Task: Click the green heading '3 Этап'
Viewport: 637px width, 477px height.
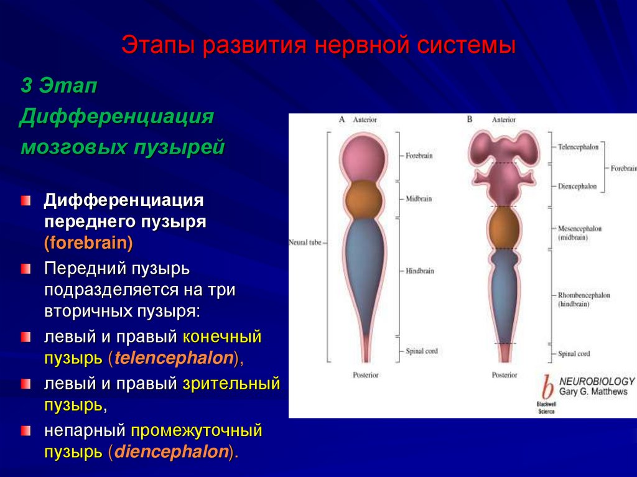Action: click(x=59, y=86)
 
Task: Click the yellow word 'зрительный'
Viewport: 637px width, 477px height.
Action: click(x=231, y=384)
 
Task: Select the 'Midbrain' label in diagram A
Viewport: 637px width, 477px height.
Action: click(x=419, y=199)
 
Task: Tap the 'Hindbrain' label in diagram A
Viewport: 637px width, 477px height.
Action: click(x=420, y=271)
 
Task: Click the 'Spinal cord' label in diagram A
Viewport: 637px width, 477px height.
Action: click(x=422, y=351)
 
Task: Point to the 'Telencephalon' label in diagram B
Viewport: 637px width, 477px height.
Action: click(x=578, y=147)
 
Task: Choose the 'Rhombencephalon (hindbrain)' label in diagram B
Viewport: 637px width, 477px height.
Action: click(x=584, y=299)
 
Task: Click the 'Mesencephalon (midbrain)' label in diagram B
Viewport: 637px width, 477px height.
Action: click(x=580, y=233)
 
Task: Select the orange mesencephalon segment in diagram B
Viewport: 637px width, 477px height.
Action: click(x=504, y=227)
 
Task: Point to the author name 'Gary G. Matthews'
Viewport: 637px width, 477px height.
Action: click(x=593, y=392)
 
